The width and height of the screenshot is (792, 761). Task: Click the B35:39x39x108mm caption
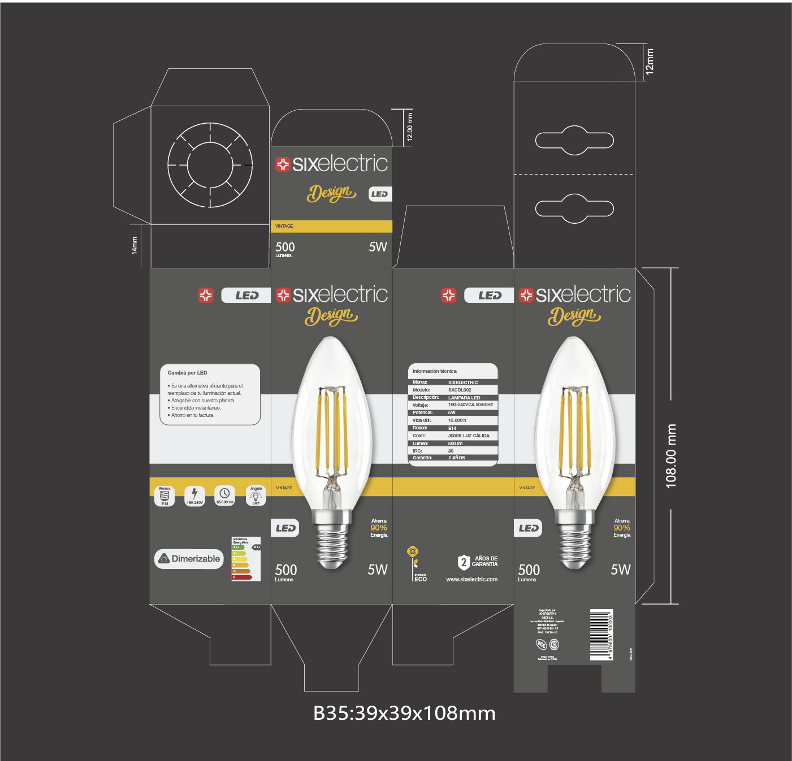pyautogui.click(x=404, y=713)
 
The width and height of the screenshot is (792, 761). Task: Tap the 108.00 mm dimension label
pyautogui.click(x=671, y=456)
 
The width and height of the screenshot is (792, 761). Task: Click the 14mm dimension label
pyautogui.click(x=135, y=246)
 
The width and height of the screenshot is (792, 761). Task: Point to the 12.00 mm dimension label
pyautogui.click(x=410, y=127)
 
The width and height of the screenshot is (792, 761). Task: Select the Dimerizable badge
pyautogui.click(x=189, y=559)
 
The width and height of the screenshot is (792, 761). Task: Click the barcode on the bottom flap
pyautogui.click(x=601, y=634)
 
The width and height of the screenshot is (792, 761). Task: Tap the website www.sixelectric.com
pyautogui.click(x=471, y=579)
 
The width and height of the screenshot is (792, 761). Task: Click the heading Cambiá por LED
pyautogui.click(x=187, y=373)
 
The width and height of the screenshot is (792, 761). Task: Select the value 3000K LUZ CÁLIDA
pyautogui.click(x=469, y=436)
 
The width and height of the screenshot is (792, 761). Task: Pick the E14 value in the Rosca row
pyautogui.click(x=452, y=428)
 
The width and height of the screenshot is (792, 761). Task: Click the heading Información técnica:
pyautogui.click(x=435, y=371)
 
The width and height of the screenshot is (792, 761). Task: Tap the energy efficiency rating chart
pyautogui.click(x=246, y=559)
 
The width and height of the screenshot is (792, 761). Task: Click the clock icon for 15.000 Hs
pyautogui.click(x=224, y=494)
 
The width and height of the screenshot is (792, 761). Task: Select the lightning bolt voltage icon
pyautogui.click(x=194, y=494)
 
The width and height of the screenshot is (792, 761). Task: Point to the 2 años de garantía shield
pyautogui.click(x=464, y=562)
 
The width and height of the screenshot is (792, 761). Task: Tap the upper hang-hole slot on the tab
pyautogui.click(x=574, y=140)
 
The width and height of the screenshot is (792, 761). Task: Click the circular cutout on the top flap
pyautogui.click(x=210, y=165)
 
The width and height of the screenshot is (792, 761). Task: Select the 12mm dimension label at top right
pyautogui.click(x=650, y=61)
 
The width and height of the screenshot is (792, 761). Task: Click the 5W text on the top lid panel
pyautogui.click(x=378, y=247)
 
